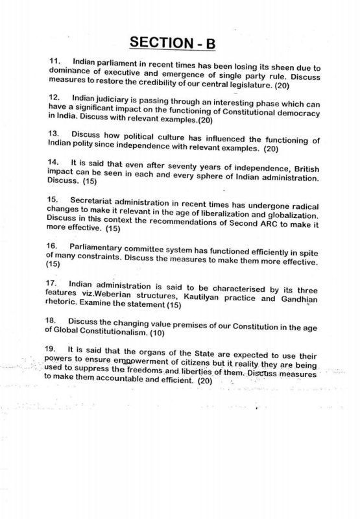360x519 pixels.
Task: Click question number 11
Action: [54, 61]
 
